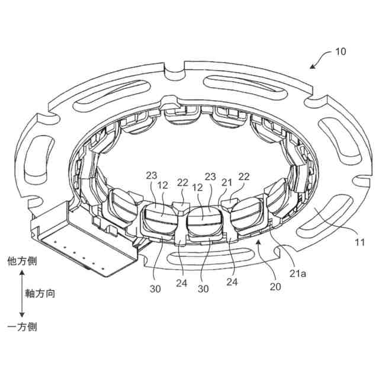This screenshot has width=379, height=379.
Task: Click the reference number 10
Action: (x=341, y=52)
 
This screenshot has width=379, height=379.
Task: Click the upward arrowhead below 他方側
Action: (x=22, y=273)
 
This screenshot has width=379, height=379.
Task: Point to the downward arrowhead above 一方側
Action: (x=22, y=314)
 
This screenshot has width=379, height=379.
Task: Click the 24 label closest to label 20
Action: (x=232, y=283)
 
